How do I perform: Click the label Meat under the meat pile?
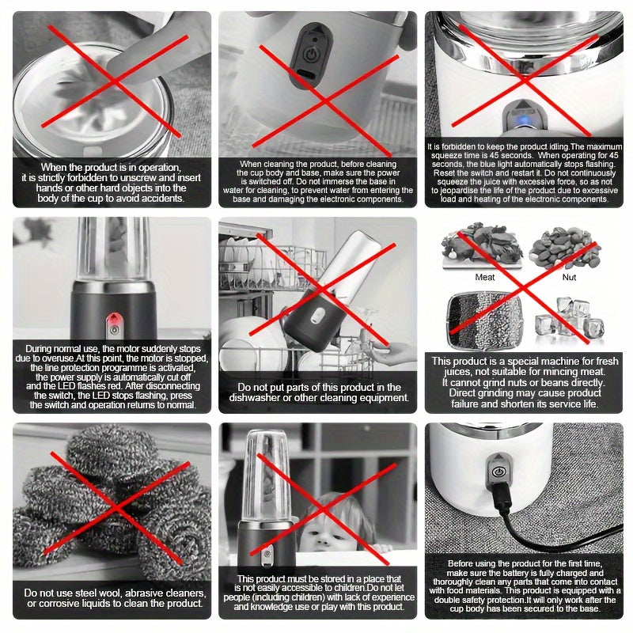click(485, 278)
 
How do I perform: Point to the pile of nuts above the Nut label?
click(564, 248)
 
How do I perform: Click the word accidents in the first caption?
click(165, 199)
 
